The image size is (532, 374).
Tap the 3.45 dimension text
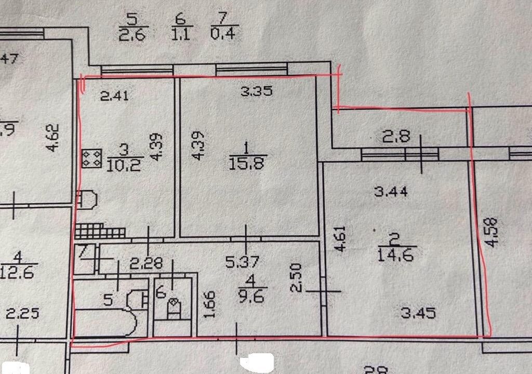418,314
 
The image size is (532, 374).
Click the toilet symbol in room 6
174,306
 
